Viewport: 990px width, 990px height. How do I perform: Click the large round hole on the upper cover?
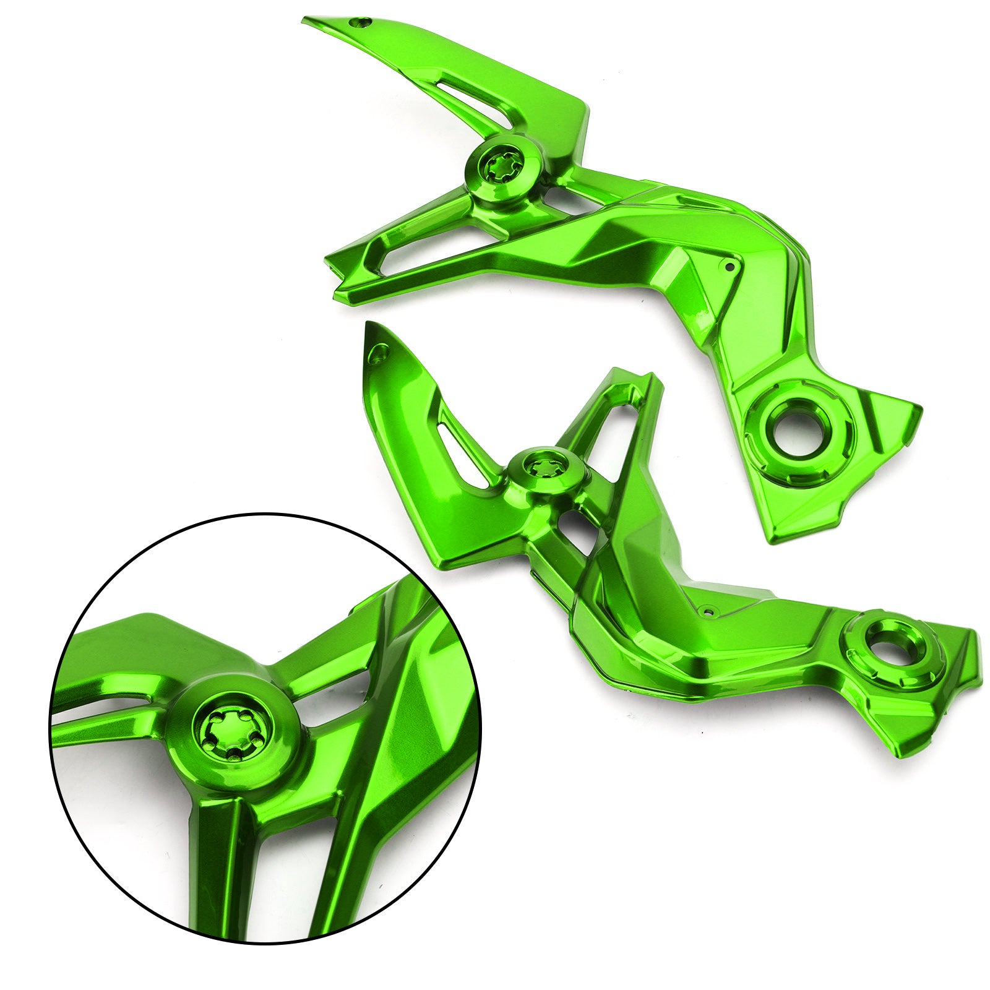pyautogui.click(x=798, y=425)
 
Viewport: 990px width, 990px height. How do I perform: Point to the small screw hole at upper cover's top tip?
pyautogui.click(x=357, y=22)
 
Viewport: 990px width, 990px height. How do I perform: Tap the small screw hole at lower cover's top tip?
pyautogui.click(x=379, y=353)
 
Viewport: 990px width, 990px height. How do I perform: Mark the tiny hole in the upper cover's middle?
pyautogui.click(x=730, y=267)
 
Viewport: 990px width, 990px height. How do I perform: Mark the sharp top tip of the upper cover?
pyautogui.click(x=306, y=21)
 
